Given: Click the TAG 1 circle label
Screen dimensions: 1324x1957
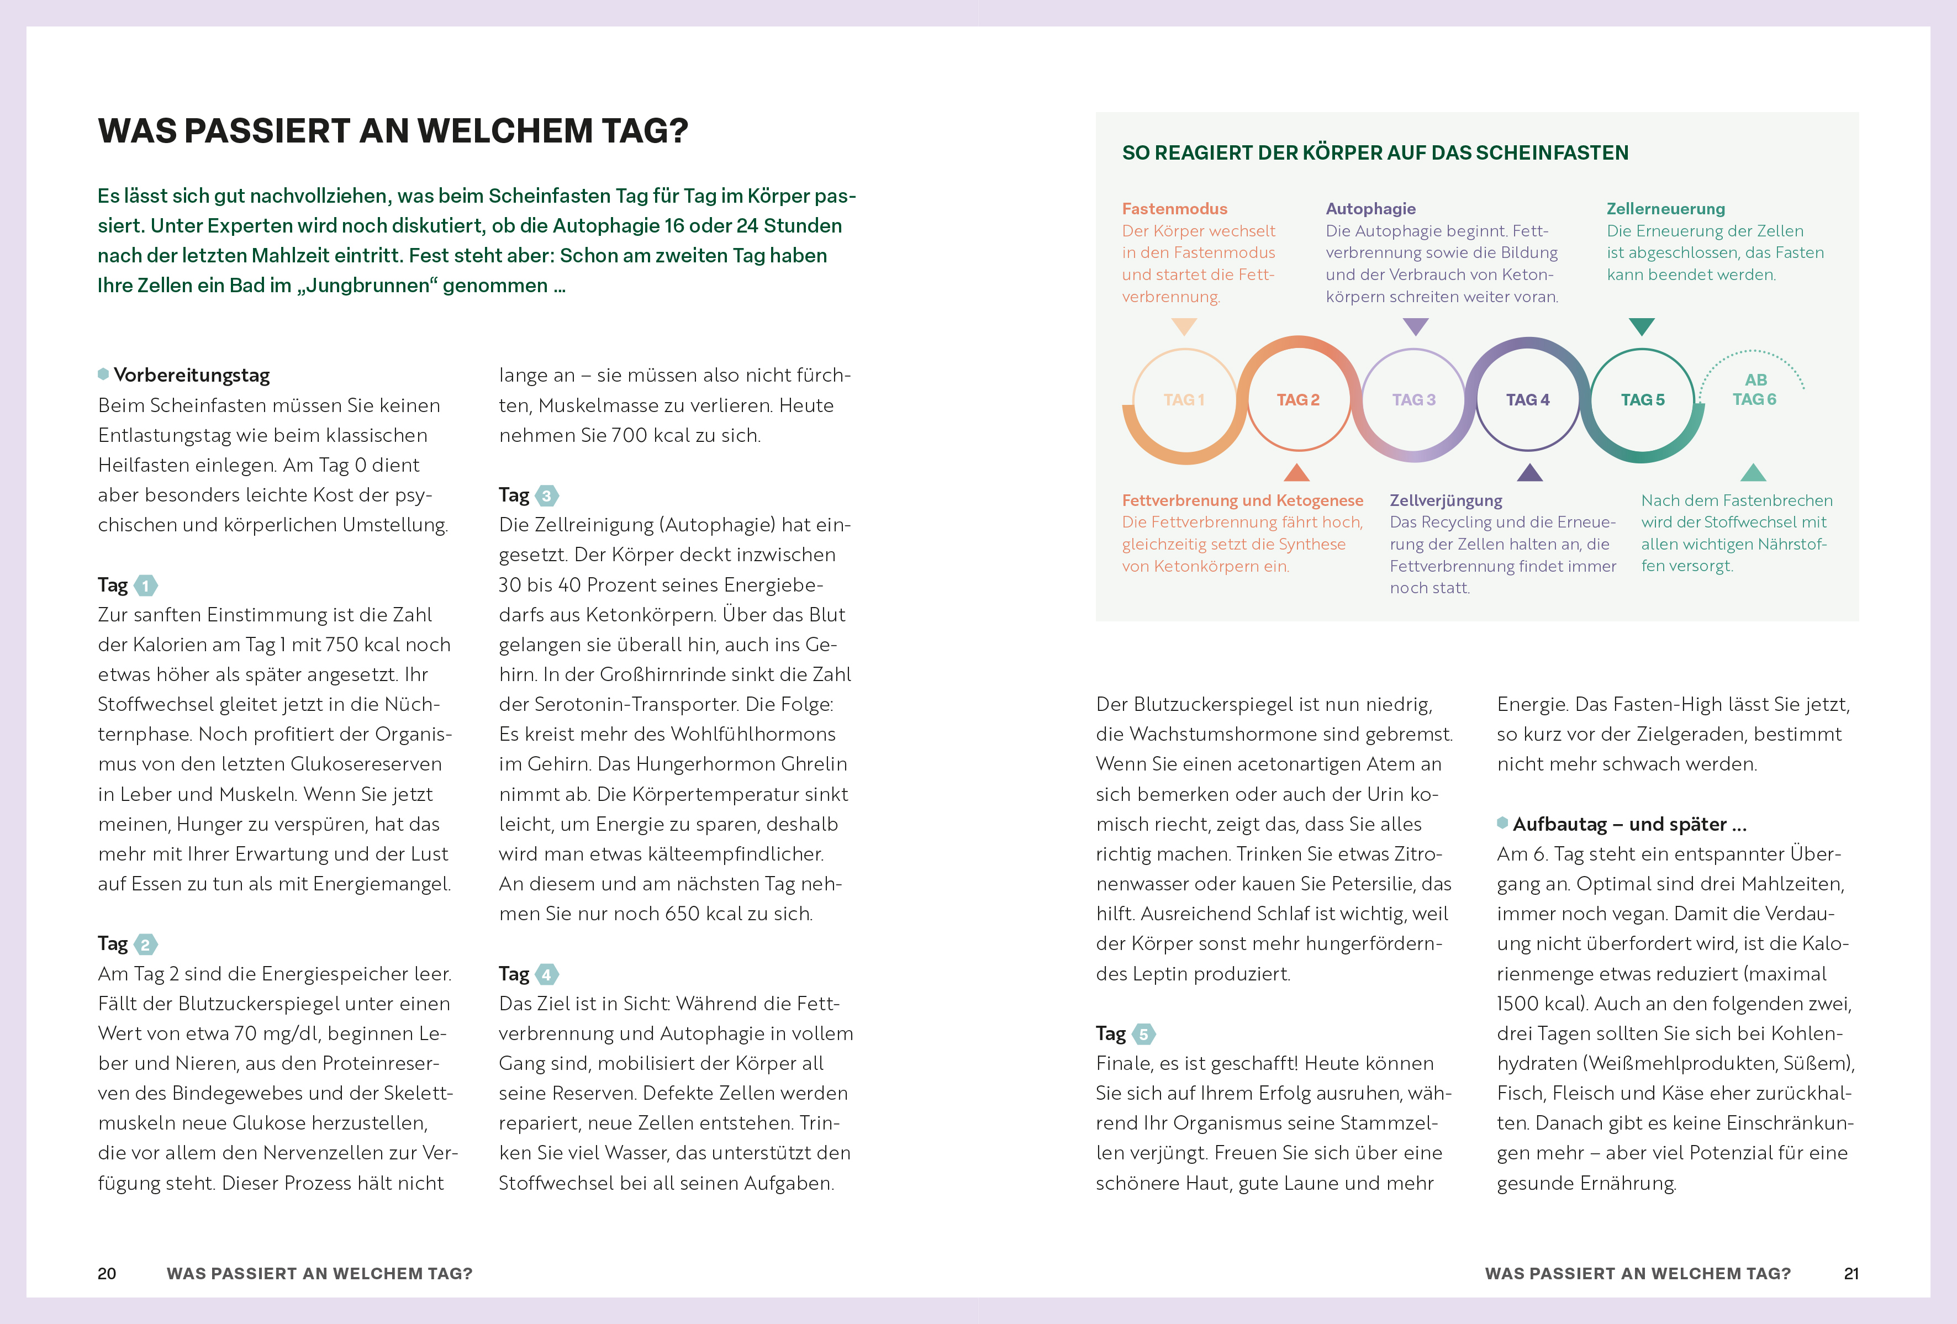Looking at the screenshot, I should click(1183, 400).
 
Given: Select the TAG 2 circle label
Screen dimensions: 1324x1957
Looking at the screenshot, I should click(1297, 400).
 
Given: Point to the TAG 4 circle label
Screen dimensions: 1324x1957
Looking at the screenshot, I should click(1527, 400).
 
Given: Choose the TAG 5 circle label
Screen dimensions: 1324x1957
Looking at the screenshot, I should click(1642, 400).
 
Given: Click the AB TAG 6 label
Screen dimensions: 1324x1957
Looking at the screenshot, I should click(1754, 390).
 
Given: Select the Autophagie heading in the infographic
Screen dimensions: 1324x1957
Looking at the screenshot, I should click(1370, 209).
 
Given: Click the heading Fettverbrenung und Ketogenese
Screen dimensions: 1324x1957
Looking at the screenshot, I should click(1242, 500).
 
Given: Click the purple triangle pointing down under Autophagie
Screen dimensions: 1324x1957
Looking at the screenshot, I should click(1416, 326).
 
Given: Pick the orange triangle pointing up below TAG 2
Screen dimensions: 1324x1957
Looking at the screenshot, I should click(1297, 472).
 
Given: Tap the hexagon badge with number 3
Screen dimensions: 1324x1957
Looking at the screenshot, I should click(546, 495).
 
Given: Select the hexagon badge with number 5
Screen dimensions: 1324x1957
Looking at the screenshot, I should click(1143, 1033).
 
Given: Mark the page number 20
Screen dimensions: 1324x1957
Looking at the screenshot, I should click(107, 1274).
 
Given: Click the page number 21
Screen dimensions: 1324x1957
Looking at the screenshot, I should click(1851, 1274).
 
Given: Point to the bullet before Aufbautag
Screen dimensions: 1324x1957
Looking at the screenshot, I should click(1502, 823).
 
